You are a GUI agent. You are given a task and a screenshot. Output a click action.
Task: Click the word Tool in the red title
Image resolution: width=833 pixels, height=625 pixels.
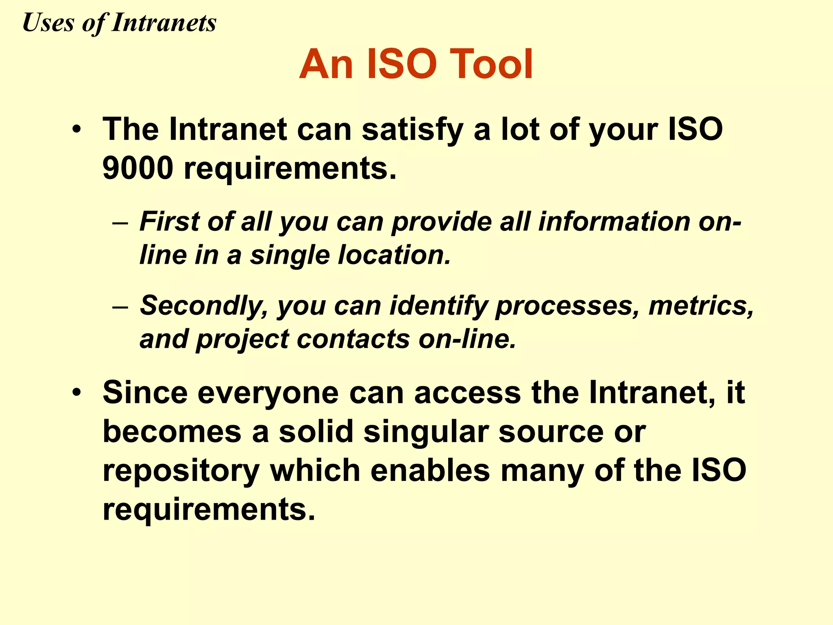tap(491, 64)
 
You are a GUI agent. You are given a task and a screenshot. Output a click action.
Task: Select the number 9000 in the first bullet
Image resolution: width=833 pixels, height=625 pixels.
tap(138, 168)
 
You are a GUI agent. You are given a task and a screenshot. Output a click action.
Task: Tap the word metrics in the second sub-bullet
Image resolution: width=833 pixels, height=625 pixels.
tap(700, 306)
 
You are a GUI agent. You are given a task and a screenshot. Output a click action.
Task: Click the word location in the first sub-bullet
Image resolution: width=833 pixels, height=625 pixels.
tap(395, 255)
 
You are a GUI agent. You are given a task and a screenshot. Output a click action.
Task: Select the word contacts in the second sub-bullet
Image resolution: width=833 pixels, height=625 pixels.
tap(353, 339)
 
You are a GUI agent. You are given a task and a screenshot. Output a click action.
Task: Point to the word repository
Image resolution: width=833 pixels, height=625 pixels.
tap(181, 471)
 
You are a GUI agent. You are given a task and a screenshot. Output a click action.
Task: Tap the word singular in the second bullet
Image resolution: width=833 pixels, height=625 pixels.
tap(426, 432)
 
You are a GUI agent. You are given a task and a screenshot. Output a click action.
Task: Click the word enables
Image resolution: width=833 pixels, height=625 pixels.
tap(430, 470)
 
